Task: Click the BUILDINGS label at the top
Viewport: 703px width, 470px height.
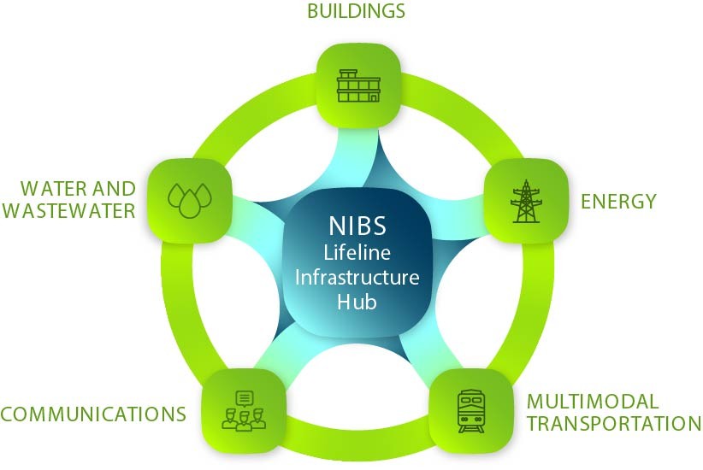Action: click(356, 11)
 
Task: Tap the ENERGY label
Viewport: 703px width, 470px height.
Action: click(618, 202)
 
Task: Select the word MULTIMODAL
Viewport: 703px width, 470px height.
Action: click(593, 402)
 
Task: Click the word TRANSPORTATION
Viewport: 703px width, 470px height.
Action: click(614, 423)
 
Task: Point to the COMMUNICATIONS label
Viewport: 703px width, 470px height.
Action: click(93, 414)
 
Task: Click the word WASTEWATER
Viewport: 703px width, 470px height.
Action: click(68, 210)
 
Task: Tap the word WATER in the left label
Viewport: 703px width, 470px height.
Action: click(52, 189)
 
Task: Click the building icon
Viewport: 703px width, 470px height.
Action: click(358, 85)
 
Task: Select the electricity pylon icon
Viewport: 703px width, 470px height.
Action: click(526, 201)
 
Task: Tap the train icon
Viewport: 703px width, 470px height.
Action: click(470, 411)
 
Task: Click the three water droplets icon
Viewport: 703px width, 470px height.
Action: click(190, 200)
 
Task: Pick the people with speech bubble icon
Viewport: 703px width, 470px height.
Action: click(244, 411)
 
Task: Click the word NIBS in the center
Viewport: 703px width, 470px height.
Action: click(357, 226)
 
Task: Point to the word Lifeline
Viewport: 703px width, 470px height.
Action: click(357, 253)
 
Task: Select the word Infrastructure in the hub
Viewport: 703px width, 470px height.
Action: click(357, 278)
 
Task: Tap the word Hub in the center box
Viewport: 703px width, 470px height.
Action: click(357, 302)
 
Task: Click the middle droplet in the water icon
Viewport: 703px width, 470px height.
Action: click(190, 205)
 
